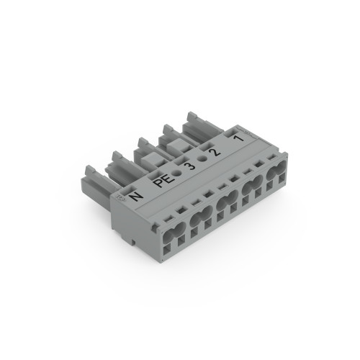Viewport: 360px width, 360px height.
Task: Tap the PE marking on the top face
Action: click(161, 177)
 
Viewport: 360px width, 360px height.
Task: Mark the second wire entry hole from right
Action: click(251, 189)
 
